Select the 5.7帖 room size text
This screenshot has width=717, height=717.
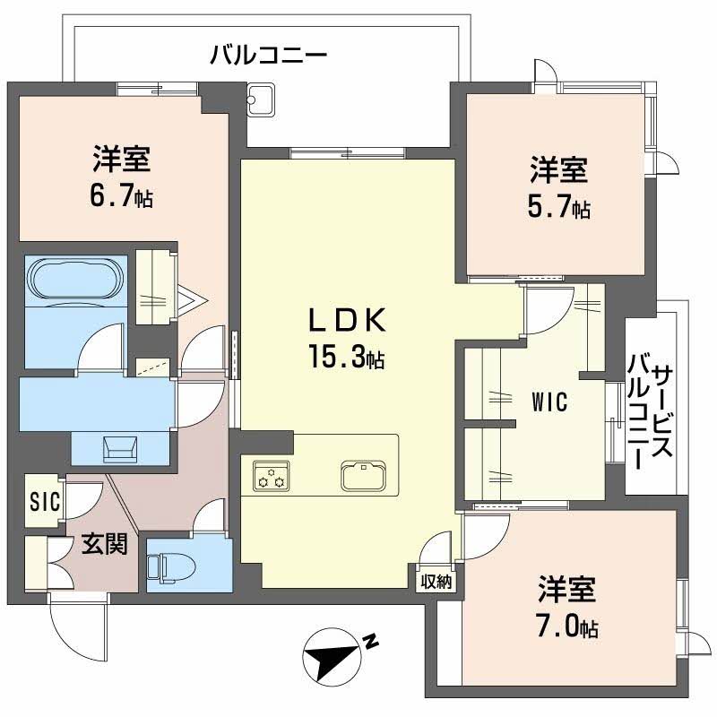557,208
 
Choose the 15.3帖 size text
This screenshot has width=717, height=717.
348,358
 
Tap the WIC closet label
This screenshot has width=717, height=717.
549,402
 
